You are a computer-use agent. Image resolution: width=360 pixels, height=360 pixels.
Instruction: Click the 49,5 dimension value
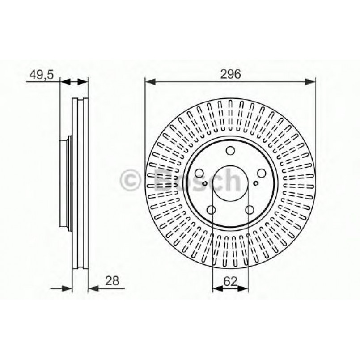point(41,75)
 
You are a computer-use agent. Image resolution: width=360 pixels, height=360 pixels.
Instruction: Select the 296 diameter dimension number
point(230,75)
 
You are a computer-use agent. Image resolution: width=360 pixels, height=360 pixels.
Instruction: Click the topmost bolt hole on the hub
point(230,151)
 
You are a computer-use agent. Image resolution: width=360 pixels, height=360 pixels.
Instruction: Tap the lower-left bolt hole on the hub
point(212,209)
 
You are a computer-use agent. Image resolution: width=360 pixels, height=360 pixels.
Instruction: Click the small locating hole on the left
point(205,182)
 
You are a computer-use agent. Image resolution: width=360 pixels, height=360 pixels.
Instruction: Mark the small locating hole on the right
point(255,182)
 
